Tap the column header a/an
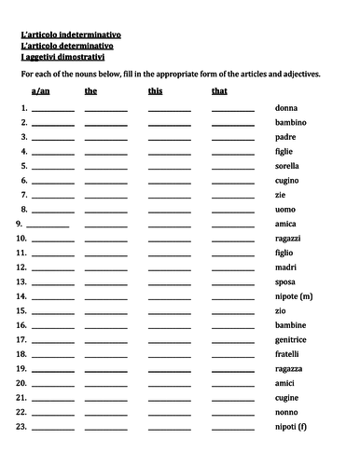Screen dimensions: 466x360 [40, 91]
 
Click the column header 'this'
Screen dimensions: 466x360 [155, 91]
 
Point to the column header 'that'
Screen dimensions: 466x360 [219, 91]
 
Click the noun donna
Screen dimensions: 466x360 [287, 108]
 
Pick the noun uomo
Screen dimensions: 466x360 [286, 210]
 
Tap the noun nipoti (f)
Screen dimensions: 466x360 [293, 427]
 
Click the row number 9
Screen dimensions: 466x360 [20, 224]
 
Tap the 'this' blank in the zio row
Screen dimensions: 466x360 [169, 313]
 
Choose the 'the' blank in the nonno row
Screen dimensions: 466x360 [105, 415]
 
